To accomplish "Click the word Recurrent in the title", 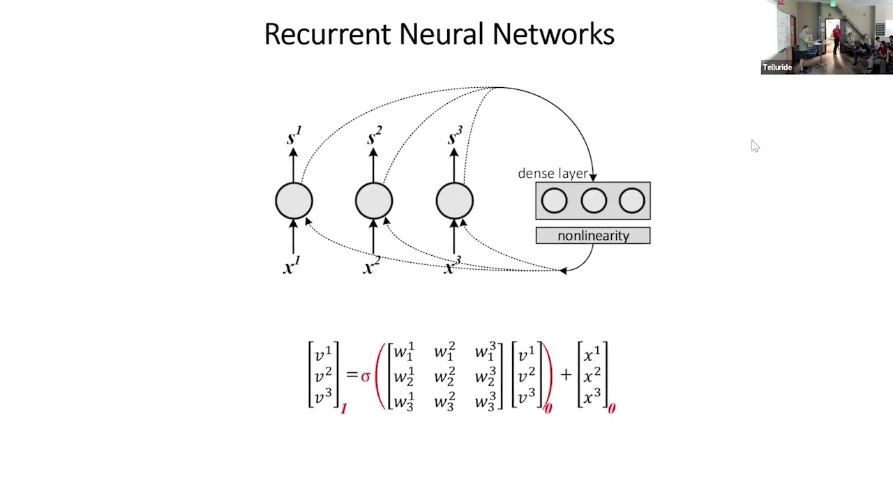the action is pyautogui.click(x=327, y=34).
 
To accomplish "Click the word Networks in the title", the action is pyautogui.click(x=553, y=34).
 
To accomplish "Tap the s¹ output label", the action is pyautogui.click(x=294, y=135).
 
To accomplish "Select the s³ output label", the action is pyautogui.click(x=456, y=135).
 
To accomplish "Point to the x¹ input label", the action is pyautogui.click(x=292, y=266).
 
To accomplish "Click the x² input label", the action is pyautogui.click(x=372, y=266).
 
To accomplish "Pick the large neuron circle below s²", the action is pyautogui.click(x=374, y=201).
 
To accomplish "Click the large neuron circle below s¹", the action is pyautogui.click(x=294, y=201).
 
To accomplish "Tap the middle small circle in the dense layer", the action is pyautogui.click(x=594, y=200).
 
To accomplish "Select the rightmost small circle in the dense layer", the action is pyautogui.click(x=632, y=200).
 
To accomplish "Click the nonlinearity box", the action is pyautogui.click(x=593, y=236).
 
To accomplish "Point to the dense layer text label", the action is pyautogui.click(x=553, y=174).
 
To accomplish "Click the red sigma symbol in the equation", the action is pyautogui.click(x=366, y=376).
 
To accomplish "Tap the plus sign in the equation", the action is pyautogui.click(x=566, y=374).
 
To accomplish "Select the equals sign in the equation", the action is pyautogui.click(x=352, y=374).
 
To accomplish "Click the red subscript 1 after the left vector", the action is pyautogui.click(x=344, y=409).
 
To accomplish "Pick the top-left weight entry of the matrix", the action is pyautogui.click(x=404, y=351).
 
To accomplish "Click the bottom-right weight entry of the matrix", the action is pyautogui.click(x=486, y=401).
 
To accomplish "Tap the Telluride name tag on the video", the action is pyautogui.click(x=777, y=68).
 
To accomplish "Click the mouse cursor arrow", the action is pyautogui.click(x=755, y=146).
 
